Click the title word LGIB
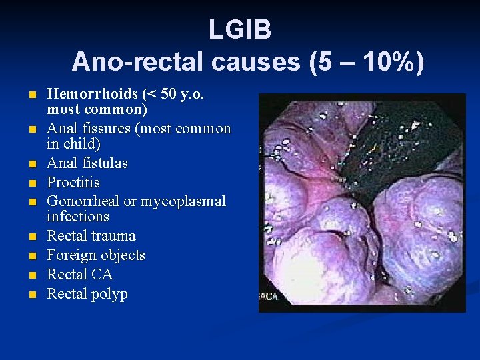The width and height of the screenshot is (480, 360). (x=239, y=29)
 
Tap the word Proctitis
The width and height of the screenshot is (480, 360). (x=73, y=182)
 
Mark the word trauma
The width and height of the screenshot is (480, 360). (x=113, y=236)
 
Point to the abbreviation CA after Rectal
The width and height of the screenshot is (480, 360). (x=102, y=275)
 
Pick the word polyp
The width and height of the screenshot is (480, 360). (x=110, y=294)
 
